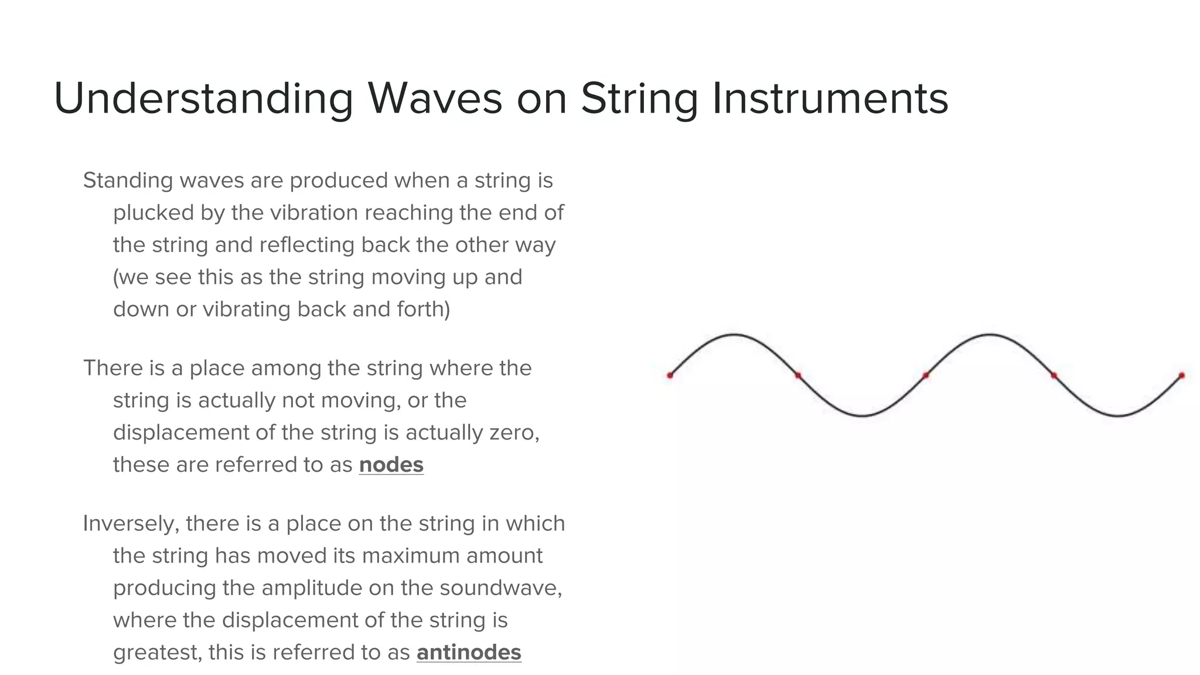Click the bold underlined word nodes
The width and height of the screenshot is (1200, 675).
(391, 465)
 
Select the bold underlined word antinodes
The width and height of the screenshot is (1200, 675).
(469, 652)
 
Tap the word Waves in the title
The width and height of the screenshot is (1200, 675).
(435, 98)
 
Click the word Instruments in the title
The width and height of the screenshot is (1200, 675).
(830, 98)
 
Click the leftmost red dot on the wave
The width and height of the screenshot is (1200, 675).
(670, 375)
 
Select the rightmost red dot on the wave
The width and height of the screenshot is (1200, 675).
(1181, 375)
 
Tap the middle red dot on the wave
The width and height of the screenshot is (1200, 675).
(926, 375)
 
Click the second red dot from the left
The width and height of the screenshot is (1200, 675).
(798, 375)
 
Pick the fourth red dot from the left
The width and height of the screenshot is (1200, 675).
(1054, 375)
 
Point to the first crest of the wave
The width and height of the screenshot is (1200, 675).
(734, 335)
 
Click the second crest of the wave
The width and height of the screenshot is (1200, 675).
(990, 335)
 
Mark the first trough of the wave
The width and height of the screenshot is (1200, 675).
(862, 415)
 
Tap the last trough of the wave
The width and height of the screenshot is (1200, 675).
(1117, 415)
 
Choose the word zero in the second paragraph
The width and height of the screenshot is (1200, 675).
(513, 432)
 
